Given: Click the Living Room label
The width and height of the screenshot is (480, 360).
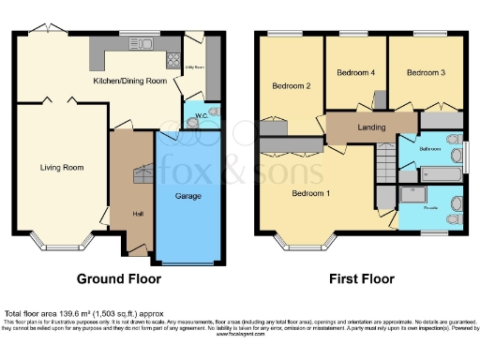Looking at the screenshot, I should click(62, 168).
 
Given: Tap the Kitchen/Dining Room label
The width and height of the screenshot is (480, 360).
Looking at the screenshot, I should click(130, 82).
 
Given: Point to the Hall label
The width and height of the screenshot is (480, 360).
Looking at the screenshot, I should click(138, 214).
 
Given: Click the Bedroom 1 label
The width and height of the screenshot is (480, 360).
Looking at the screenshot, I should click(311, 193).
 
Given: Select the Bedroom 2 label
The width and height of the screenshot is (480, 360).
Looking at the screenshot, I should click(292, 86).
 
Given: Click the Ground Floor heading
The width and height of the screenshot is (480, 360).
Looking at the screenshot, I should click(118, 279).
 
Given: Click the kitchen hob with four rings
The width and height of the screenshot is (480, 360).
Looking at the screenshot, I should click(173, 60).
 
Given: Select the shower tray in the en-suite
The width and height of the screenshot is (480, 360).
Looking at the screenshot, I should click(412, 194).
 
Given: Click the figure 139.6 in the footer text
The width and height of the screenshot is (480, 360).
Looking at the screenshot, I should click(75, 312).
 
